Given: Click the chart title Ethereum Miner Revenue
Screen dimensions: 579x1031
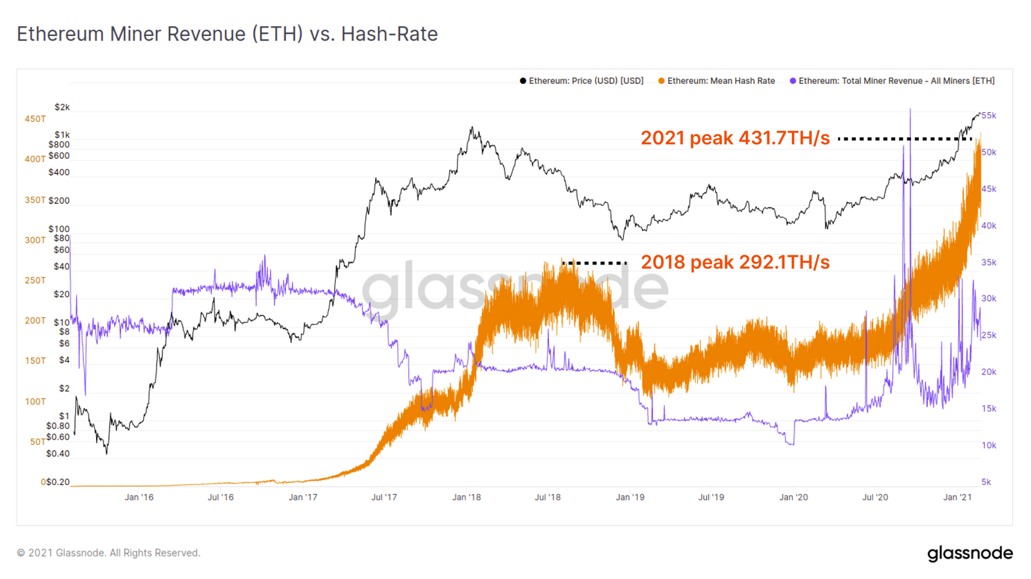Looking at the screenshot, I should pyautogui.click(x=227, y=34).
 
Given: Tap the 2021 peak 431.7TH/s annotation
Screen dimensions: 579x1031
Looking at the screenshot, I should pyautogui.click(x=735, y=138).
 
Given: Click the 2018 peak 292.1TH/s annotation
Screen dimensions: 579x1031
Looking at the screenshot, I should pyautogui.click(x=735, y=262).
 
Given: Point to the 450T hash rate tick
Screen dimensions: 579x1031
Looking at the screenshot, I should pyautogui.click(x=35, y=119).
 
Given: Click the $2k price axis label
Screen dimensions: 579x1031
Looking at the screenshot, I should pyautogui.click(x=62, y=107).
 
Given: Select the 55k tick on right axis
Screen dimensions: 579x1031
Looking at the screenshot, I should pyautogui.click(x=988, y=115).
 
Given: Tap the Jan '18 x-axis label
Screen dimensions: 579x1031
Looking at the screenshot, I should pyautogui.click(x=466, y=497).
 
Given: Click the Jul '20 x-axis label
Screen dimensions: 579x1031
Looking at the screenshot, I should pyautogui.click(x=874, y=497).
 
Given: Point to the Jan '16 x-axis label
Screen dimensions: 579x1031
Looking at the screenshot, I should pyautogui.click(x=139, y=497).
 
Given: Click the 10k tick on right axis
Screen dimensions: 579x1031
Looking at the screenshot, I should pyautogui.click(x=988, y=446).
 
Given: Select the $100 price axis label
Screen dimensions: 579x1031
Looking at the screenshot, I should pyautogui.click(x=59, y=229).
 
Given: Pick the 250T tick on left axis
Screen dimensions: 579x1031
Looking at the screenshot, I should pyautogui.click(x=35, y=280).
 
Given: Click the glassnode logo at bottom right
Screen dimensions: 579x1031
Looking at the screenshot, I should pyautogui.click(x=970, y=553).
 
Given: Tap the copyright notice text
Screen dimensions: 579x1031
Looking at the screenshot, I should pyautogui.click(x=108, y=553).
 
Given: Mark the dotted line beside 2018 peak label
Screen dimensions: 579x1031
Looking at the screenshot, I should pyautogui.click(x=594, y=263).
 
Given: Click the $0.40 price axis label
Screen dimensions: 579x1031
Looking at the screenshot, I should pyautogui.click(x=57, y=454).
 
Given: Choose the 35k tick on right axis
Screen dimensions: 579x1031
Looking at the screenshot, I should pyautogui.click(x=988, y=262).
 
